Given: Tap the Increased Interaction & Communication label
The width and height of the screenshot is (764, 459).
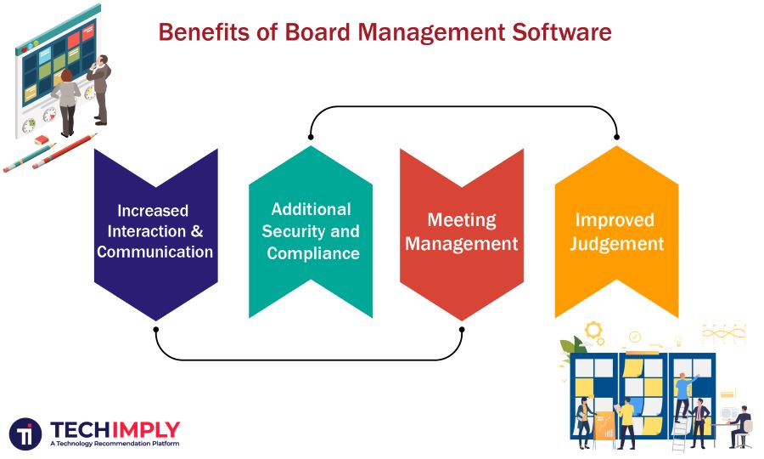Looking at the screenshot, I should pyautogui.click(x=154, y=230).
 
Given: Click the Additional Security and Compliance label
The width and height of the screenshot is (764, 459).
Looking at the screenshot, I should pyautogui.click(x=311, y=230).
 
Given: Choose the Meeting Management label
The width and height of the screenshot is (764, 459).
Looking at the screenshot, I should pyautogui.click(x=461, y=231).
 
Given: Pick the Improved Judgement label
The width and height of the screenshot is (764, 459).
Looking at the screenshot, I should pyautogui.click(x=616, y=231).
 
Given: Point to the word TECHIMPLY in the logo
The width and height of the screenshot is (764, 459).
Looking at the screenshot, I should pyautogui.click(x=115, y=429).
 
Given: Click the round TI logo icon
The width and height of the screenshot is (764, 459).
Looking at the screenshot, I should pyautogui.click(x=26, y=433).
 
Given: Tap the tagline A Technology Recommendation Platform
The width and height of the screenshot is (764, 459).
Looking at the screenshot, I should pyautogui.click(x=114, y=444).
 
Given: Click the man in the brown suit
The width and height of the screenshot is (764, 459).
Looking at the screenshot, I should pyautogui.click(x=100, y=89).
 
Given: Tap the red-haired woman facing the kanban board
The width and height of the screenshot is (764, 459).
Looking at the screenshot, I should pyautogui.click(x=66, y=100).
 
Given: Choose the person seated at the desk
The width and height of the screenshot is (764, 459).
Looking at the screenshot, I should pyautogui.click(x=741, y=425).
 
